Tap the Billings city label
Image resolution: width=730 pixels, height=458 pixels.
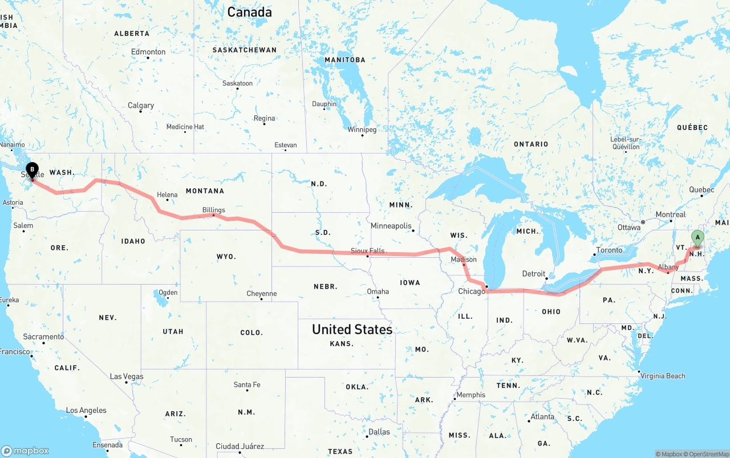click(213, 210)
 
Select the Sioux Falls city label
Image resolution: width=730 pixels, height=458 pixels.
click(367, 250)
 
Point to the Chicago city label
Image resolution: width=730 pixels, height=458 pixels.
click(472, 291)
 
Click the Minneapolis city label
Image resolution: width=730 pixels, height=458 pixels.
click(391, 226)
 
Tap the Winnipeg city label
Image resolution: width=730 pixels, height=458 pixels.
click(362, 129)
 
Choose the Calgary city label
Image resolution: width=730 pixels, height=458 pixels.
click(141, 106)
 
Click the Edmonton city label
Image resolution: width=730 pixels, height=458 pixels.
click(148, 52)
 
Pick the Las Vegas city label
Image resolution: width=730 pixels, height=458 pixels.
click(127, 376)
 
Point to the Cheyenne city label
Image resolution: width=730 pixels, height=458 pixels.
click(262, 294)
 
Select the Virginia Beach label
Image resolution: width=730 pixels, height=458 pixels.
click(663, 376)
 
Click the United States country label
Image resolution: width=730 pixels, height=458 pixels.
click(352, 329)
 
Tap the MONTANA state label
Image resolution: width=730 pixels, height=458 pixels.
click(205, 191)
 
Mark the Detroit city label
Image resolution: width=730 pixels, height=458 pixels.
click(534, 274)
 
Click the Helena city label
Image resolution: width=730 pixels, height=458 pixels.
click(167, 194)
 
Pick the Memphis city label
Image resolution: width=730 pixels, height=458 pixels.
click(471, 395)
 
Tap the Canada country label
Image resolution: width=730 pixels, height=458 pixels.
click(249, 11)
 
